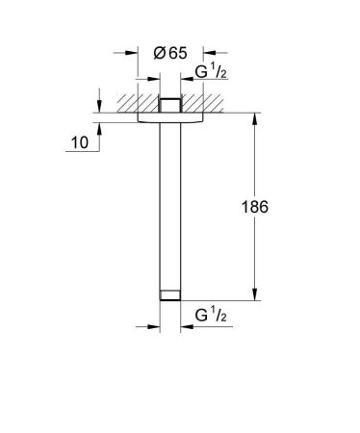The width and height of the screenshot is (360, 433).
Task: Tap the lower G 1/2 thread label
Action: click(x=211, y=315)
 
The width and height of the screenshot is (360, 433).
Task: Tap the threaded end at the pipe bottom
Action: click(x=169, y=293)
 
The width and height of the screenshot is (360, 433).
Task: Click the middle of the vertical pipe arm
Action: click(x=169, y=207)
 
